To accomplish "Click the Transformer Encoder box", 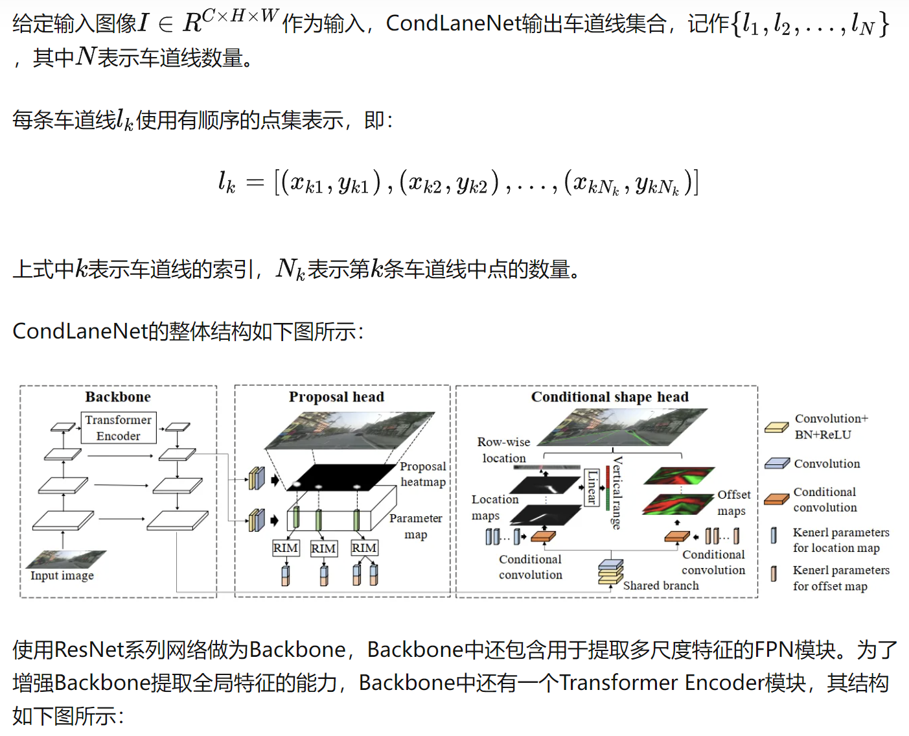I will tap(119, 428).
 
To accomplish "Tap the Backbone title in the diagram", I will tap(118, 397).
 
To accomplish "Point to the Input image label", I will tap(62, 576).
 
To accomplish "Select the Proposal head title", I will tap(336, 397).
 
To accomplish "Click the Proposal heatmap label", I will tap(423, 474).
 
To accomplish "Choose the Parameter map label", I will tap(416, 526).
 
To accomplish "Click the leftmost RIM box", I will tap(285, 548).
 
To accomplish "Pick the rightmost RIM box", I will tap(364, 548).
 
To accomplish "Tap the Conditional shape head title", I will tap(610, 397).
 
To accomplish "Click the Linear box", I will tap(592, 487).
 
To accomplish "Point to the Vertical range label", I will tap(617, 493).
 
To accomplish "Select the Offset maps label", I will tap(733, 503).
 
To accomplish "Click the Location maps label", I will tap(494, 507).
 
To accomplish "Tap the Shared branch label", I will tap(661, 586).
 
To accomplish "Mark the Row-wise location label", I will tap(503, 449).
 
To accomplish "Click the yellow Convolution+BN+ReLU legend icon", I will tap(776, 427).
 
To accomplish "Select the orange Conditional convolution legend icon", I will tap(776, 499).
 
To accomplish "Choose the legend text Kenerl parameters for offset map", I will tap(841, 578).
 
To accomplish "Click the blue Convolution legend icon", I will tap(776, 464).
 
